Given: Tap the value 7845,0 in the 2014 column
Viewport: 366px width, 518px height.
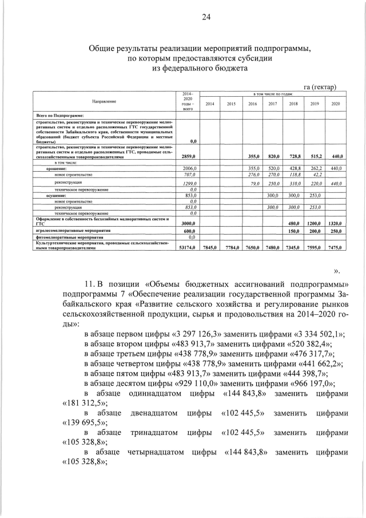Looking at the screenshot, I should [x=210, y=247].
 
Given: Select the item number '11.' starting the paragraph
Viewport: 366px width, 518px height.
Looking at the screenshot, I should [x=89, y=284].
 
